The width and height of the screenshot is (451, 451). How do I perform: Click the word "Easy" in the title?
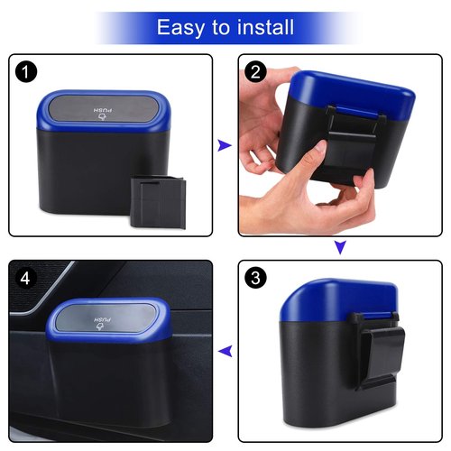tap(180, 27)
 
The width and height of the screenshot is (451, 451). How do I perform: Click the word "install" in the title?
tap(262, 27)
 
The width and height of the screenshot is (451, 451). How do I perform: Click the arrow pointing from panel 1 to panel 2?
tap(225, 144)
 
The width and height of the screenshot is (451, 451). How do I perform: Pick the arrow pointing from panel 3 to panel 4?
tap(225, 352)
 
